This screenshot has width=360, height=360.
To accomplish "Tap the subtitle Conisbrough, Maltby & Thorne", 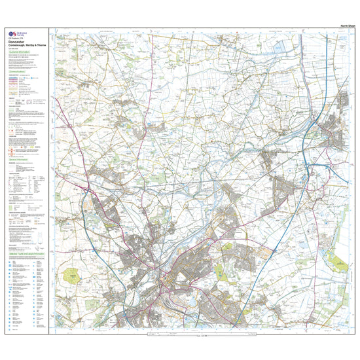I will coord(26,46).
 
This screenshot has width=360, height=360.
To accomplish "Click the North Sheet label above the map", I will coord(347,26).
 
